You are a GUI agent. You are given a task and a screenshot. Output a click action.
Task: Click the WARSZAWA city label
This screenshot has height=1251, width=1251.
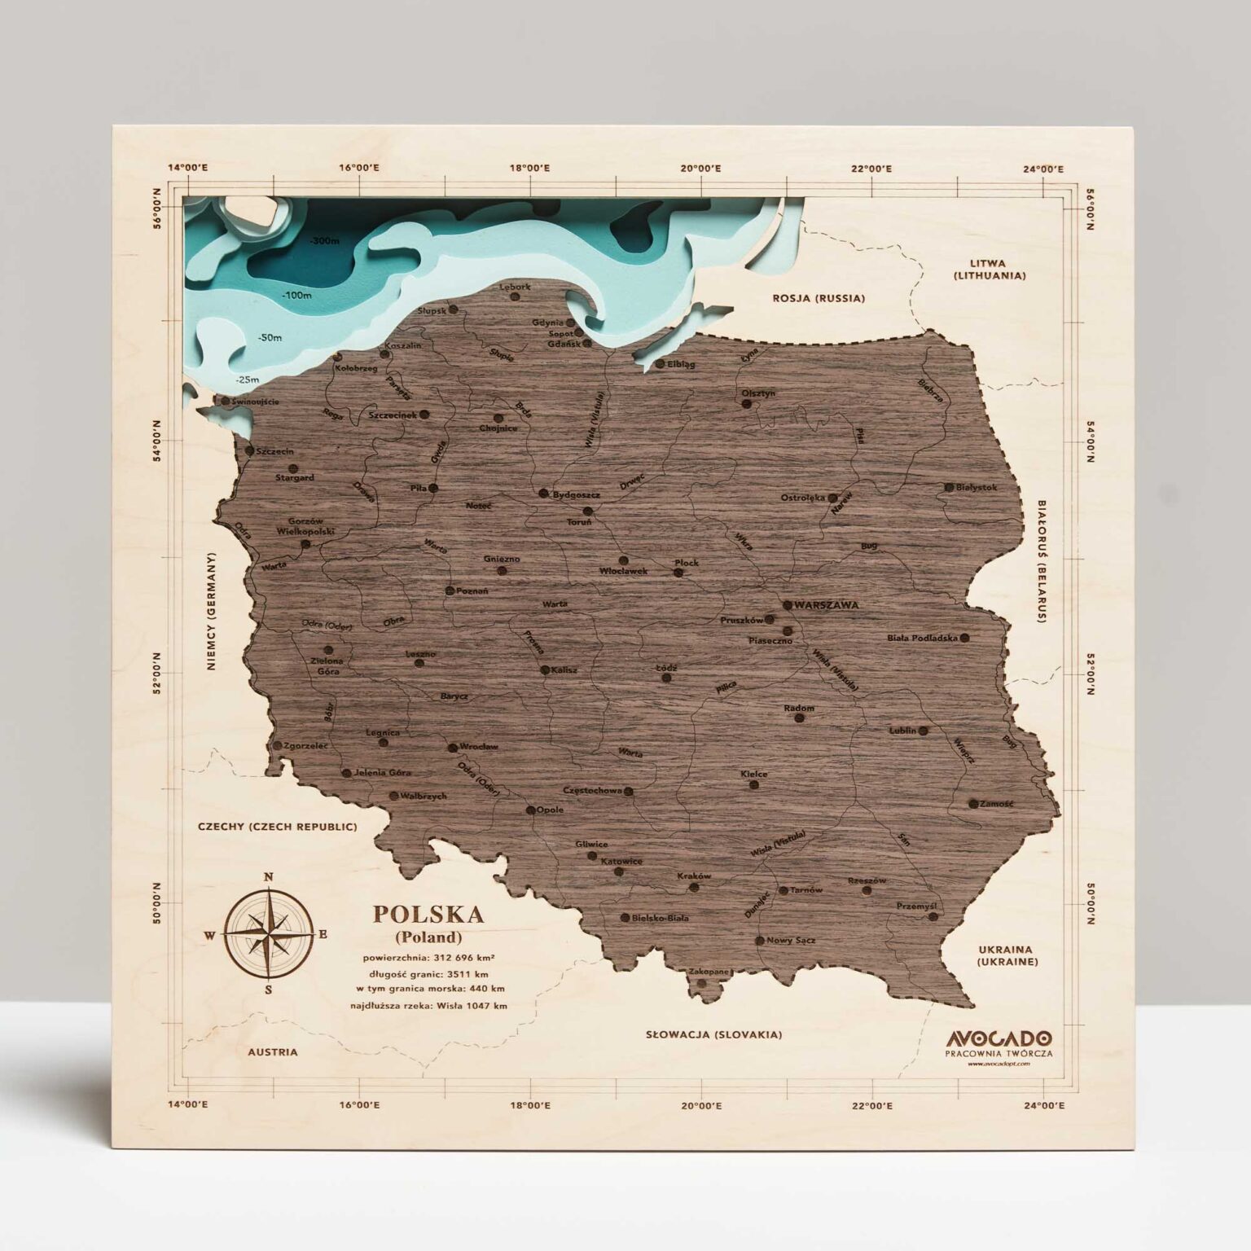click(x=827, y=605)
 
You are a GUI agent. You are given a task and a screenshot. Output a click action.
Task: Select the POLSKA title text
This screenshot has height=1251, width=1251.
click(x=428, y=914)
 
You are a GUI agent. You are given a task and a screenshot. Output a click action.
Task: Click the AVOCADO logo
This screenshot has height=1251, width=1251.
click(x=999, y=1038)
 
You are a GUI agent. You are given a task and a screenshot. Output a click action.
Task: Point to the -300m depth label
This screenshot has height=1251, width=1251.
click(x=323, y=241)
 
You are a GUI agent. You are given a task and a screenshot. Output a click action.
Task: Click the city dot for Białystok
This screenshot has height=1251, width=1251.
click(x=949, y=487)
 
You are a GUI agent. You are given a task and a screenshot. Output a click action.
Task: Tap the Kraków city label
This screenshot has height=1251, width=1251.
click(x=694, y=876)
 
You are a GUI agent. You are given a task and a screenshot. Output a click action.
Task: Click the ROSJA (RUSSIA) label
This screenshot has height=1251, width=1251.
click(x=819, y=298)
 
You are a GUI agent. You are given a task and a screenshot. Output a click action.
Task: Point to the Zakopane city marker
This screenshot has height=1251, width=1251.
click(x=701, y=982)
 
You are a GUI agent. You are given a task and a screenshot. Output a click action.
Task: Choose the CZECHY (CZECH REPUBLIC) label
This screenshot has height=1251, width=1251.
click(x=277, y=827)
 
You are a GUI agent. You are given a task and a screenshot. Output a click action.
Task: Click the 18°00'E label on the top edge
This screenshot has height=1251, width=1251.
click(x=529, y=169)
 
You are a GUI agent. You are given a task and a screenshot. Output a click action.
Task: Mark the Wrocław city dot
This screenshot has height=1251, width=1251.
click(x=453, y=747)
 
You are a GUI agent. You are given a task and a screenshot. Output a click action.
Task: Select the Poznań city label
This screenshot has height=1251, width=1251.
click(x=472, y=590)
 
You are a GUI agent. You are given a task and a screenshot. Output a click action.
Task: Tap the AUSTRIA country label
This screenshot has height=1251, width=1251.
click(x=273, y=1051)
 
